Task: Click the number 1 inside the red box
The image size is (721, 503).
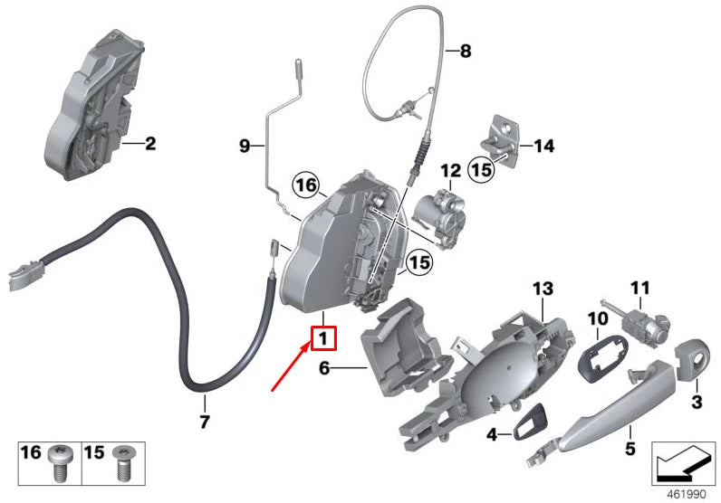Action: click(323, 339)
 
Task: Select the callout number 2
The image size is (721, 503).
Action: click(149, 143)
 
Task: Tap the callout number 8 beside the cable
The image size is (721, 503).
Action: click(466, 52)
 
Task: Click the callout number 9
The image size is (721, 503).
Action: click(243, 145)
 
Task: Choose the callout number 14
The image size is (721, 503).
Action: click(543, 145)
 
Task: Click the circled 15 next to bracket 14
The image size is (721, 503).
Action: click(480, 168)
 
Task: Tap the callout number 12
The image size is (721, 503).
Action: click(450, 169)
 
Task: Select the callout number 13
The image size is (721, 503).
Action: click(542, 289)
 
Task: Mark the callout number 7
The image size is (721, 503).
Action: click(204, 422)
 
